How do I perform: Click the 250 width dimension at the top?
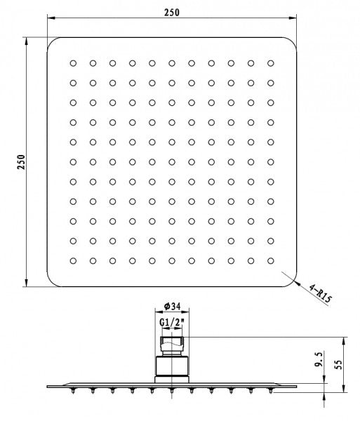point(172,13)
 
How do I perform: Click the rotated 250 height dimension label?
point(21,161)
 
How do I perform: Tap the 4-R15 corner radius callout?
point(320,293)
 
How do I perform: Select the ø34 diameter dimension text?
point(172,306)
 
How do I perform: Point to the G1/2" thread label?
point(171,322)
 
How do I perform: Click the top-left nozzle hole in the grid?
point(73,63)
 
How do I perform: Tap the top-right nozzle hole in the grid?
point(271,63)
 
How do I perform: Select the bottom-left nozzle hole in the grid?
point(73,261)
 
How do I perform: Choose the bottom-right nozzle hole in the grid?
point(271,261)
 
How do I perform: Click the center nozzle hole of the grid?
point(172,162)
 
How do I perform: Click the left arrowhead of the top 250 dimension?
point(51,18)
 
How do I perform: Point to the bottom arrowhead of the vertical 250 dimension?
point(26,283)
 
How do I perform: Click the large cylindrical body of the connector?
point(172,366)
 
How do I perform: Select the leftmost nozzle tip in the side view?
point(73,391)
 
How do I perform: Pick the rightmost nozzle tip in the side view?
point(271,391)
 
